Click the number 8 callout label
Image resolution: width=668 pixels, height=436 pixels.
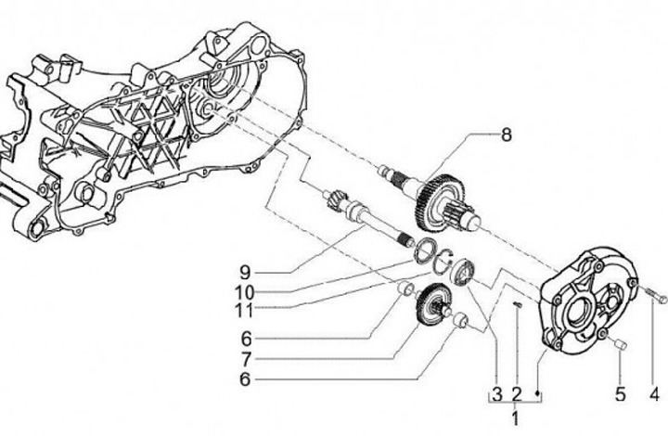(x=506, y=134)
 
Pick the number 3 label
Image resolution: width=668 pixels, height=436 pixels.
(x=497, y=392)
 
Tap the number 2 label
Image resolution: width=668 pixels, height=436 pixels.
(x=517, y=392)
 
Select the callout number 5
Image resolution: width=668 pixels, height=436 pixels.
(x=619, y=392)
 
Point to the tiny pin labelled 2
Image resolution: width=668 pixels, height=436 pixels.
(x=518, y=301)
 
